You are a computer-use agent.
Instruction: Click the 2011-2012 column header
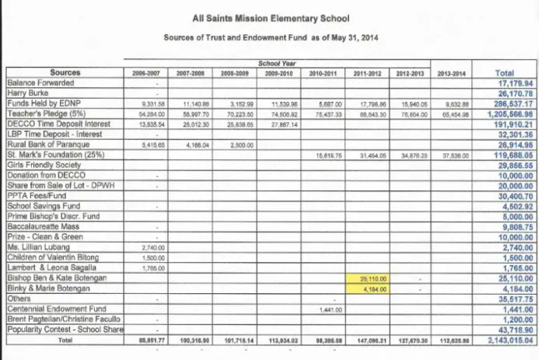tap(365, 73)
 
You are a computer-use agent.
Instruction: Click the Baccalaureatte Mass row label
tap(41, 226)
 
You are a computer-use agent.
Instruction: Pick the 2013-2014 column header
tap(451, 73)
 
